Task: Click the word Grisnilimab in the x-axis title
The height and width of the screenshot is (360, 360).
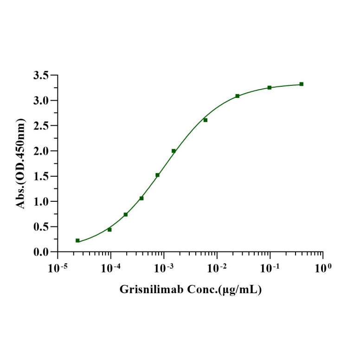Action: click(147, 290)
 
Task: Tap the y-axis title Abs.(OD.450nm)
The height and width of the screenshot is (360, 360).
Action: click(21, 163)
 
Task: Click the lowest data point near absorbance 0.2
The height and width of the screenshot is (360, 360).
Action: click(77, 240)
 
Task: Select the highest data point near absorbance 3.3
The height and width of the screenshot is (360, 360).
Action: click(302, 84)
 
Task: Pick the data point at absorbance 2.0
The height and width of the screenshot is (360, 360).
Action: click(174, 151)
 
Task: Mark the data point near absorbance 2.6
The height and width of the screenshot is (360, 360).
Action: click(206, 120)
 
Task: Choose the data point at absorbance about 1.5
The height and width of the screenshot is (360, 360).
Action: click(158, 175)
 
